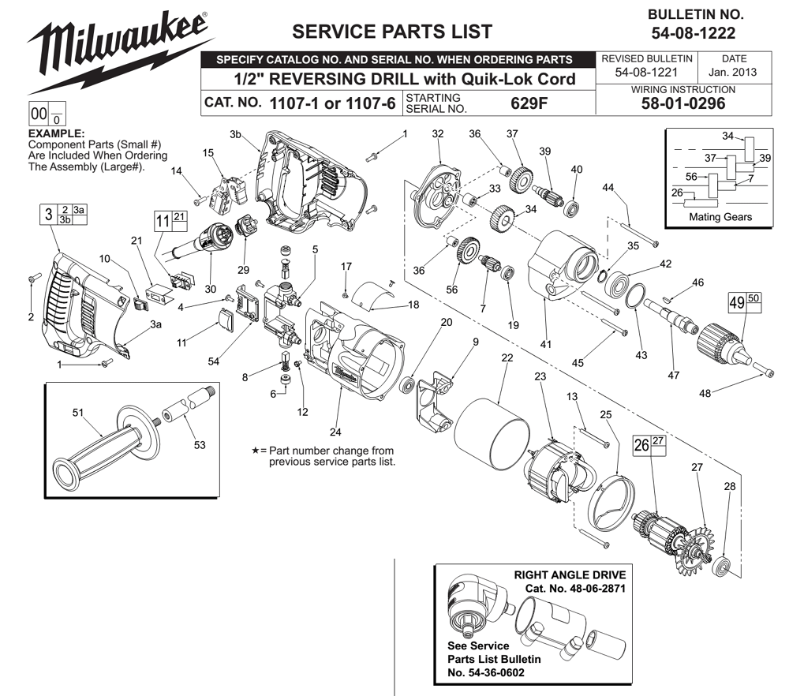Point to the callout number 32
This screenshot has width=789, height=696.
point(439,133)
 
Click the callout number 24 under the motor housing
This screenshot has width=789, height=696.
point(335,431)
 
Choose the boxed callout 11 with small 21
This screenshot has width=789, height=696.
point(170,222)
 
